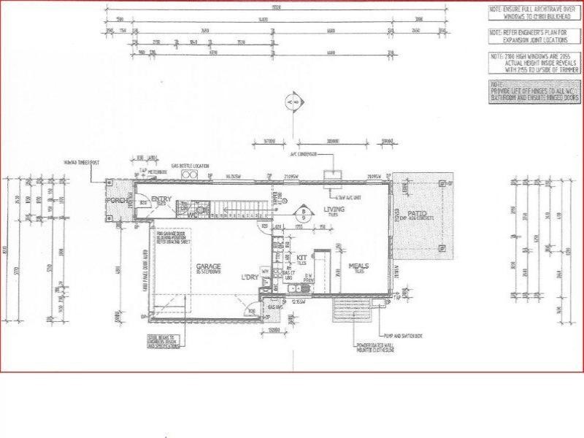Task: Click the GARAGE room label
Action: tap(208, 266)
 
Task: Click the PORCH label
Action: tap(116, 201)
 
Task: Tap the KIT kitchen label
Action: tap(300, 258)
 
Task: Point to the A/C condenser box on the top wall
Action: tap(333, 174)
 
